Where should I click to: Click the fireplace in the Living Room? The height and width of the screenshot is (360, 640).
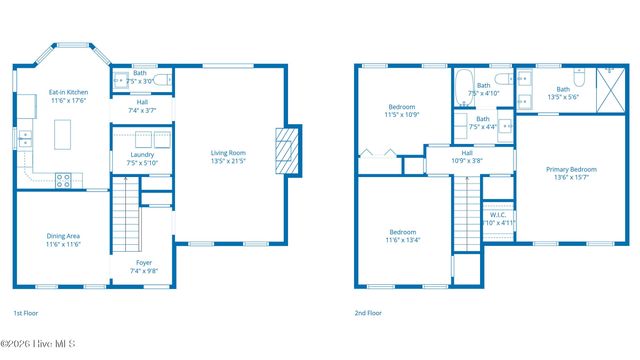(288, 151)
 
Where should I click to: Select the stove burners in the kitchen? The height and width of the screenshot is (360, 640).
(64, 180)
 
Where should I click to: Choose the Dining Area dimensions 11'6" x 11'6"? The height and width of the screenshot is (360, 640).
(63, 244)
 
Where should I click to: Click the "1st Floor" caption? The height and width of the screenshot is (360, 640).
(25, 313)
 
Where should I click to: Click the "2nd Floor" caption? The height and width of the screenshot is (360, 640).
(368, 313)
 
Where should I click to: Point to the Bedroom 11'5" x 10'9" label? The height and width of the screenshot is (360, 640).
(402, 107)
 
